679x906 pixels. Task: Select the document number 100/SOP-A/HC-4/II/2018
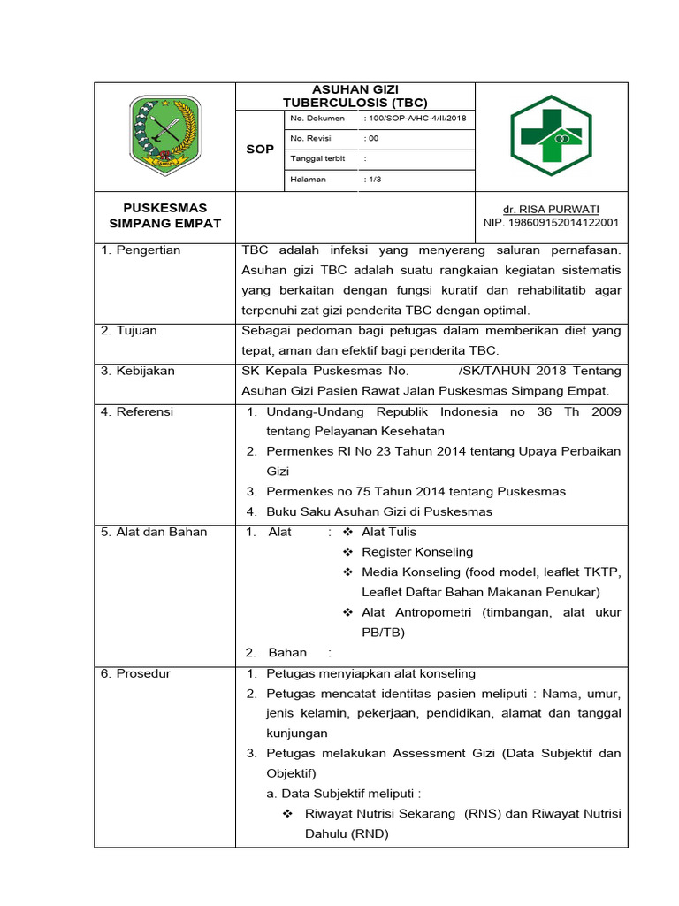pos(416,118)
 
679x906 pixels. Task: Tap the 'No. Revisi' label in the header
pos(310,138)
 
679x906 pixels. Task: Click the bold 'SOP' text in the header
pos(260,150)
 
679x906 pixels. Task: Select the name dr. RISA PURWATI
pos(551,209)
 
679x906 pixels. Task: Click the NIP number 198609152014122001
pos(551,223)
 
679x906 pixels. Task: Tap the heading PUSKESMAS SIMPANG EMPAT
pos(164,216)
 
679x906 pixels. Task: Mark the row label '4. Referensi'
pos(137,411)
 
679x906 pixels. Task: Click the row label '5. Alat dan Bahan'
pos(153,532)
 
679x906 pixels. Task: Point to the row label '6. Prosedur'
pos(135,673)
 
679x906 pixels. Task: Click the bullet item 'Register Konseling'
pos(417,552)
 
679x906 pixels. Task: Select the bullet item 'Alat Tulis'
pos(388,532)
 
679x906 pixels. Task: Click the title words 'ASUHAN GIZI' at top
pos(355,90)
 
